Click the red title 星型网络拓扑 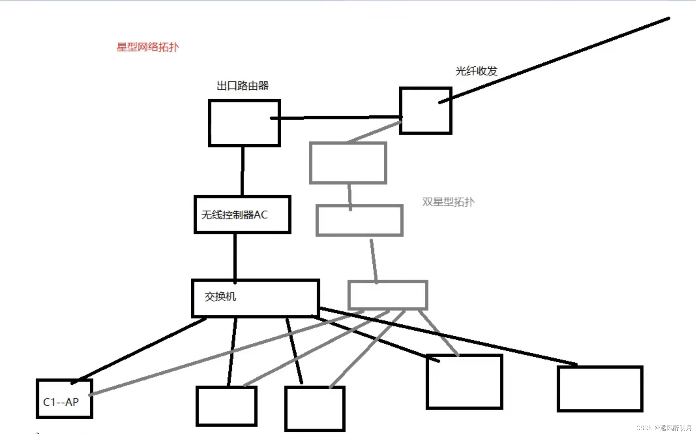coord(148,47)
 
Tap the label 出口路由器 coord(243,86)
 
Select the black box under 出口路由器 coord(244,123)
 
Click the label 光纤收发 coord(476,71)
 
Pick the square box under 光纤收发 coord(426,110)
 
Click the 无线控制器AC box coord(242,215)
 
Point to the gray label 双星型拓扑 coord(448,202)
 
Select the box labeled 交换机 coord(255,298)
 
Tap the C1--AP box coord(65,399)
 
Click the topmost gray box coord(348,163)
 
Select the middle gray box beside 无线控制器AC coord(360,220)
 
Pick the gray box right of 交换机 coord(388,295)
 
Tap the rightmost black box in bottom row coord(600,389)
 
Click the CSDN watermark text coord(664,427)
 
